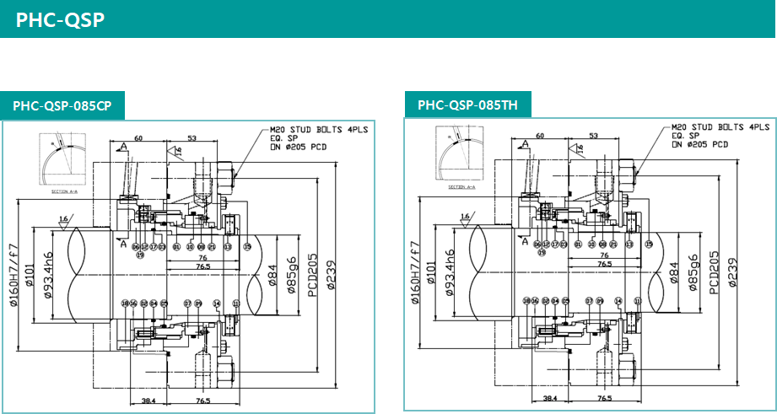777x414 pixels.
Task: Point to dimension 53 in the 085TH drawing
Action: click(x=594, y=135)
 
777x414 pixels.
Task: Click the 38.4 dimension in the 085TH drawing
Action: click(x=550, y=398)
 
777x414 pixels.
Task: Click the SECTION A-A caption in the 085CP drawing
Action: click(x=64, y=192)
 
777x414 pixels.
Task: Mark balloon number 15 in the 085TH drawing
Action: click(x=649, y=245)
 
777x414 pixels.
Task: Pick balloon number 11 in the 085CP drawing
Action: click(x=236, y=303)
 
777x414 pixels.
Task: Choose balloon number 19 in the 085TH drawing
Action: click(x=542, y=253)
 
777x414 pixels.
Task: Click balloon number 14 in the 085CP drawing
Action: click(x=217, y=303)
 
